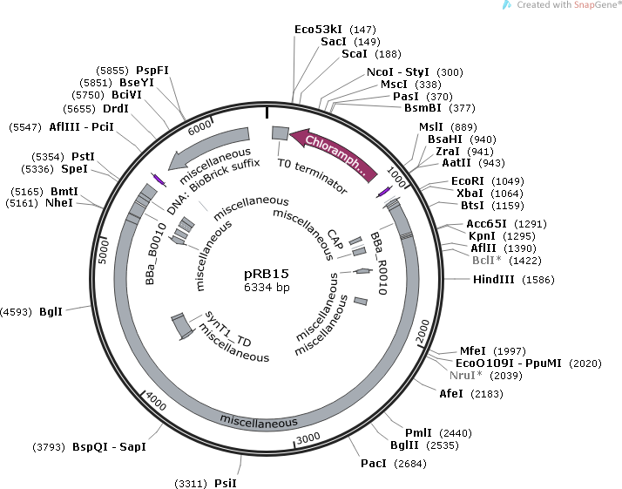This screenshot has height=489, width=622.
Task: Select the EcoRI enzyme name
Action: point(468,181)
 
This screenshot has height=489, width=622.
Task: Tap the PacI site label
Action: point(373,463)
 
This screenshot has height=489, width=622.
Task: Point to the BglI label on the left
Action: point(51,311)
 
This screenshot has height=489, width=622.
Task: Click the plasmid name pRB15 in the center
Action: point(267,274)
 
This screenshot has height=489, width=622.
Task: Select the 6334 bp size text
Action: point(267,287)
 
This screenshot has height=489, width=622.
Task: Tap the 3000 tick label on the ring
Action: point(308,438)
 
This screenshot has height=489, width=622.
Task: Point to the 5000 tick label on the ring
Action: point(103,252)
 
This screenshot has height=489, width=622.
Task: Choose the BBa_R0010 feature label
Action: point(378,263)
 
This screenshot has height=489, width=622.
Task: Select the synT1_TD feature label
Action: point(227,329)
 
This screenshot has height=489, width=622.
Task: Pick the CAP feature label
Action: point(335,239)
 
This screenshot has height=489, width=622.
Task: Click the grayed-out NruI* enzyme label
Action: point(466,375)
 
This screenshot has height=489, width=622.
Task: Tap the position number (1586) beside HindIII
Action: point(538,280)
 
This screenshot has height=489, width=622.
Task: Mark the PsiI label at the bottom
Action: point(226,483)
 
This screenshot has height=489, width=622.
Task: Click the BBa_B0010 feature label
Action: point(155,254)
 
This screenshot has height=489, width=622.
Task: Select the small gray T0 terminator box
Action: point(280,133)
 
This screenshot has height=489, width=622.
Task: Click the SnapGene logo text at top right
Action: point(595,5)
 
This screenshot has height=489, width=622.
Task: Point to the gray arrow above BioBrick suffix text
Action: point(209,146)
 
